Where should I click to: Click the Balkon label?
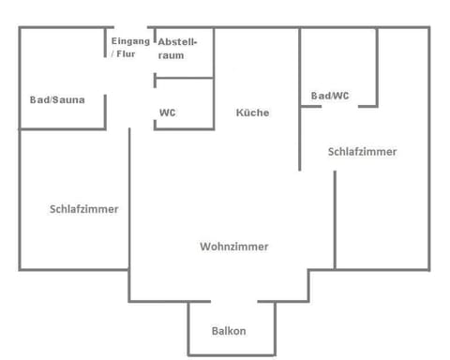click(x=229, y=331)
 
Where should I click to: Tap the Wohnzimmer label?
click(x=233, y=247)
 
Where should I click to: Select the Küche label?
click(x=252, y=112)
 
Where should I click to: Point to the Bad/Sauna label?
click(x=57, y=99)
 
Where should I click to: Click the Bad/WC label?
click(x=330, y=96)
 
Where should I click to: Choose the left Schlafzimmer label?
click(x=83, y=209)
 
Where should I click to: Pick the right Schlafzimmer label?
click(x=362, y=151)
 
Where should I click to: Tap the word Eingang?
click(x=130, y=42)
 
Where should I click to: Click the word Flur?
click(x=126, y=54)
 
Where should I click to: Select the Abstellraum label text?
click(x=176, y=49)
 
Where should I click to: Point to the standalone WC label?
click(x=167, y=112)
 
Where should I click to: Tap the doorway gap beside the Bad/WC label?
click(x=339, y=106)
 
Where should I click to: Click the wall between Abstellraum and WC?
click(x=185, y=79)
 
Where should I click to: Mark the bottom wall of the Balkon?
click(x=232, y=354)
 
